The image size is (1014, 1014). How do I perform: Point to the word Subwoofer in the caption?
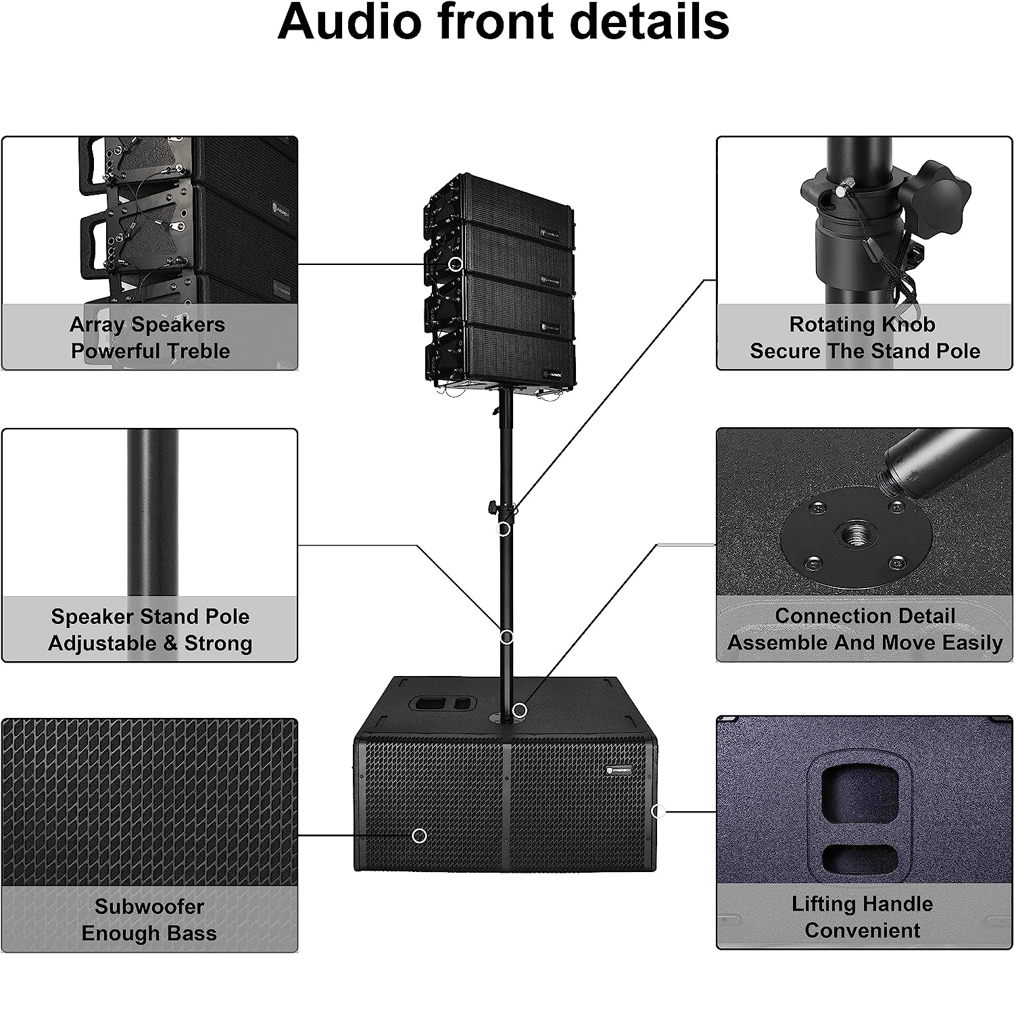pyautogui.click(x=149, y=907)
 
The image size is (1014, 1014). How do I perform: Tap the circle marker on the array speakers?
pyautogui.click(x=456, y=264)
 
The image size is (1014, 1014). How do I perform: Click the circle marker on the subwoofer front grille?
pyautogui.click(x=419, y=836)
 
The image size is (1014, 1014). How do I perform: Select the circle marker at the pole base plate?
pyautogui.click(x=519, y=710)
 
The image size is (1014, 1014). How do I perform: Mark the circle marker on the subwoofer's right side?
pyautogui.click(x=657, y=811)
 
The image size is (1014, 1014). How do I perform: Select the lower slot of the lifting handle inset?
pyautogui.click(x=861, y=858)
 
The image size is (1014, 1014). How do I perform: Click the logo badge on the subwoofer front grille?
pyautogui.click(x=619, y=769)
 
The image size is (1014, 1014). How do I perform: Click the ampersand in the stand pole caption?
pyautogui.click(x=169, y=643)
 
